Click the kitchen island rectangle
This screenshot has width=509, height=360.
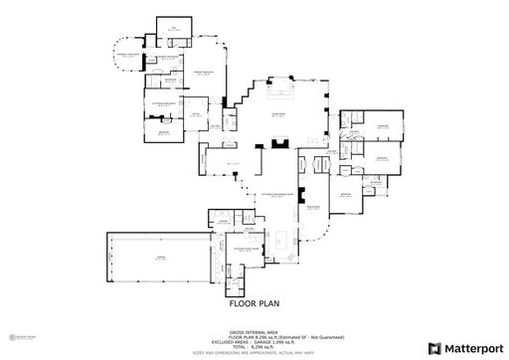(x=281, y=239)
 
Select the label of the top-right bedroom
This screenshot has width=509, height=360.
(x=382, y=126)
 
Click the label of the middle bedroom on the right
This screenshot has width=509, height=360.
(x=382, y=157)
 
